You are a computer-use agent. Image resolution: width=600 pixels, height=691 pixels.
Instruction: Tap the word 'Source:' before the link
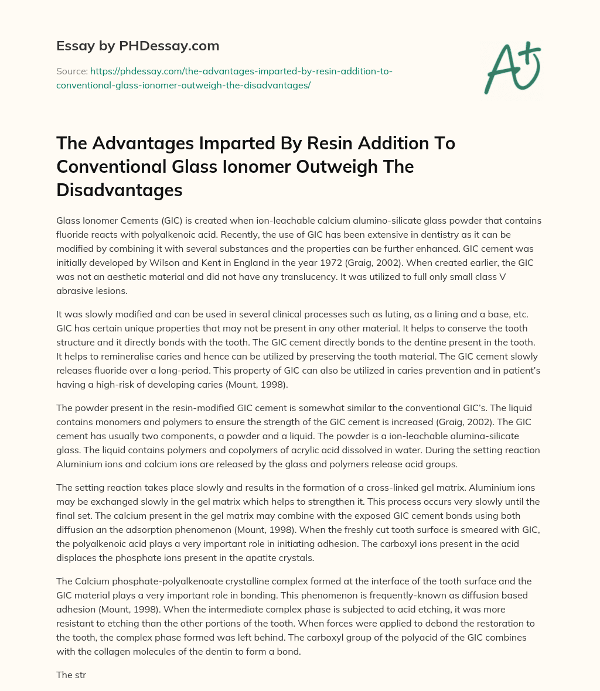(71, 71)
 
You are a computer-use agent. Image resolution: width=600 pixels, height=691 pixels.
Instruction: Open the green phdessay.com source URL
(224, 78)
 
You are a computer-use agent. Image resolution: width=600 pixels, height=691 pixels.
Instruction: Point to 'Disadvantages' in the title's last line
(120, 190)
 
